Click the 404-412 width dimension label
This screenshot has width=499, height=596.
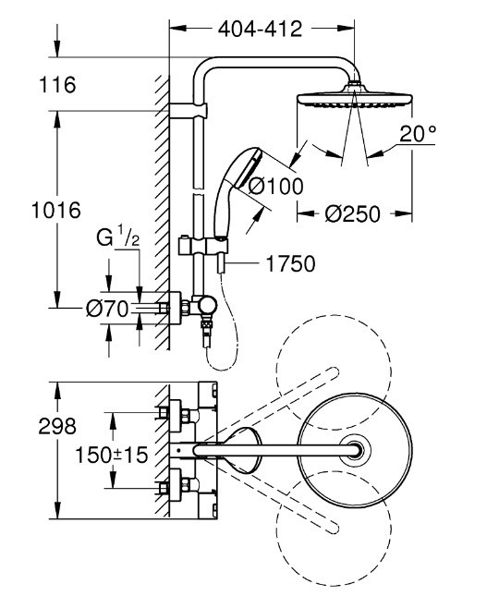pos(260,29)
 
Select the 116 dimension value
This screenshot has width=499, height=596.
pos(57,84)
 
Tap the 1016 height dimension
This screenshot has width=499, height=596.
pos(56,210)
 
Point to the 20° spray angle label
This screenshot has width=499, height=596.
pos(418,133)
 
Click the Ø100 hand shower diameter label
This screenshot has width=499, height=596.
pos(276,186)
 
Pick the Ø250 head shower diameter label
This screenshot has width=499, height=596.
pos(352,213)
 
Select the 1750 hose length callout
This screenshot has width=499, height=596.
pos(290,263)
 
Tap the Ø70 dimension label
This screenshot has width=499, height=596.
pos(107,309)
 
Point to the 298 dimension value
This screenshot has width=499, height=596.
pos(57,426)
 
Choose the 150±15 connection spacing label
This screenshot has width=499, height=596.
pos(112,455)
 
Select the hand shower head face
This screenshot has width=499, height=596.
pos(249,168)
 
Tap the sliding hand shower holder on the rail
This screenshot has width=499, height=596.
pos(203,245)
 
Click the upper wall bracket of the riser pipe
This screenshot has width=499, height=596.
pos(189,111)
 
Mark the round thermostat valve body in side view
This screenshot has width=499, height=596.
pos(207,305)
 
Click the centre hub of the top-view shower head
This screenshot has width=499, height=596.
pos(355,451)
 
